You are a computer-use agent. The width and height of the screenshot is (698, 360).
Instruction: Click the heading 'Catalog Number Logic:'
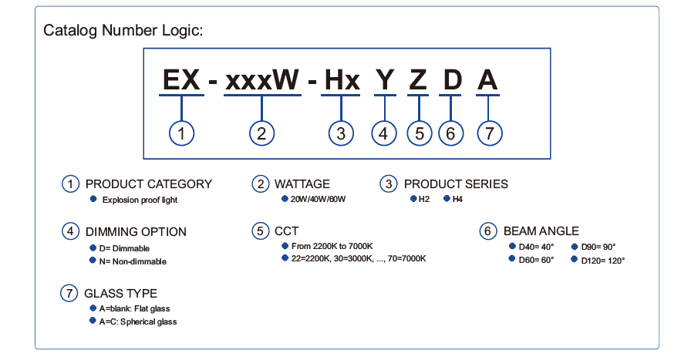click(123, 31)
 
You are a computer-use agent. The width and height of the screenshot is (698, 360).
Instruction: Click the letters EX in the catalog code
click(181, 79)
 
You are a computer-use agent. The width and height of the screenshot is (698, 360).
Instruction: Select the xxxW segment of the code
click(262, 80)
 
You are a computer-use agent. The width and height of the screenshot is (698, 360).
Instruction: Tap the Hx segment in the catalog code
click(342, 80)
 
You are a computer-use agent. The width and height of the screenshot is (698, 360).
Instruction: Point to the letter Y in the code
click(385, 80)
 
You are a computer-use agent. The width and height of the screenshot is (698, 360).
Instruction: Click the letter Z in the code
click(419, 80)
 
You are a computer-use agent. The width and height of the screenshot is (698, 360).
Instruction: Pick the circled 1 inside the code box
click(181, 133)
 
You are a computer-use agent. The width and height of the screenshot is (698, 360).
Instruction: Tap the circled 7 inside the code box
click(489, 133)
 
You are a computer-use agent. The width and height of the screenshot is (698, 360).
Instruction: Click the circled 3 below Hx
click(341, 133)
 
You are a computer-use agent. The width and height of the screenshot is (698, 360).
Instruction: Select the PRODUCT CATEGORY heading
click(149, 183)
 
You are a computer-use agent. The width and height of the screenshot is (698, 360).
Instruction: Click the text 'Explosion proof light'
click(140, 200)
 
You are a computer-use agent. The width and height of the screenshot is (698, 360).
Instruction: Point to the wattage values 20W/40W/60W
click(318, 199)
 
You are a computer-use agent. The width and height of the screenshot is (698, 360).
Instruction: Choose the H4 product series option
click(457, 199)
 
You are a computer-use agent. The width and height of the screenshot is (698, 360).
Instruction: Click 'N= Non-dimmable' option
click(133, 261)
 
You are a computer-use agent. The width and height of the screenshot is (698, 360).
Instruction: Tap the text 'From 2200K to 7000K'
click(332, 246)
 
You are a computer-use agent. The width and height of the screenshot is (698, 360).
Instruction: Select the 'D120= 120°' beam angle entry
click(602, 261)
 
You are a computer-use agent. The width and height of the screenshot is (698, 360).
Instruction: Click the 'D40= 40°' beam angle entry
click(536, 247)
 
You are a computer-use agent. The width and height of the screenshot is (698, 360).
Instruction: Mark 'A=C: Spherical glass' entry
click(138, 321)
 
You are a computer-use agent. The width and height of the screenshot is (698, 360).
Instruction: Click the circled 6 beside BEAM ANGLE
click(488, 231)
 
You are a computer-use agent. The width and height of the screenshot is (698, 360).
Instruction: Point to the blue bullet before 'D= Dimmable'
click(93, 247)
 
